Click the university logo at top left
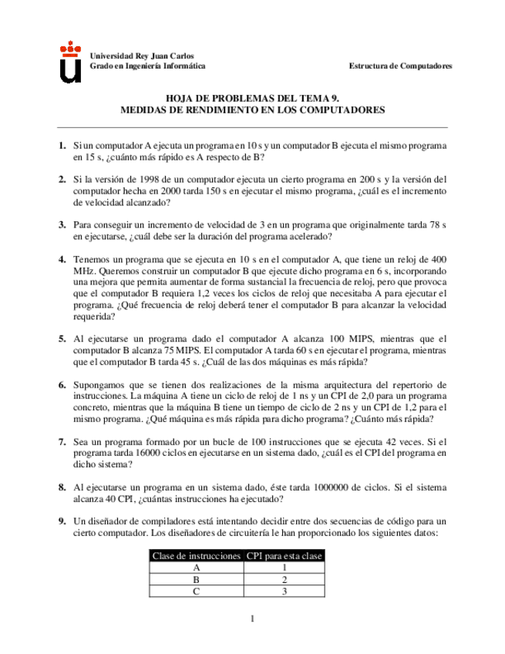coord(71,61)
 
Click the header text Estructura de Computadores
coord(401,66)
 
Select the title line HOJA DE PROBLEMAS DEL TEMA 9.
coord(253,99)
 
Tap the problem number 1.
coord(62,145)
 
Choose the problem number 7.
coord(62,443)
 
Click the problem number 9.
coord(62,521)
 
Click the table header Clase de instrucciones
coord(196,556)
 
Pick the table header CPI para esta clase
coord(284,556)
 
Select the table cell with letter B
coord(196,579)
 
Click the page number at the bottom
coord(252,619)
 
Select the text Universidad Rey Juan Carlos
coord(142,56)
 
